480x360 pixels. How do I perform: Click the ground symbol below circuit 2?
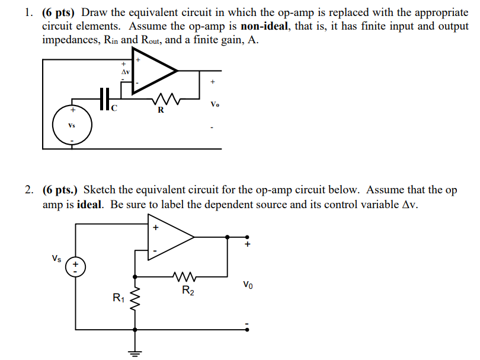[136, 353]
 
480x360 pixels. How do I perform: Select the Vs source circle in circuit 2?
[75, 267]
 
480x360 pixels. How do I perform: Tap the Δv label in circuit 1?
[124, 72]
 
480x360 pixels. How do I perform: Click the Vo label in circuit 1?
[215, 105]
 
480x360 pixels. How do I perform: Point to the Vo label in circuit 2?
[248, 285]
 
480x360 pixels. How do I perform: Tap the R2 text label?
[187, 291]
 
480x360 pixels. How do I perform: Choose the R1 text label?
[118, 298]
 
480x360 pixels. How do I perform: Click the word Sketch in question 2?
[99, 190]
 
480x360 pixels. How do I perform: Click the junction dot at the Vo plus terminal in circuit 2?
[229, 237]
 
